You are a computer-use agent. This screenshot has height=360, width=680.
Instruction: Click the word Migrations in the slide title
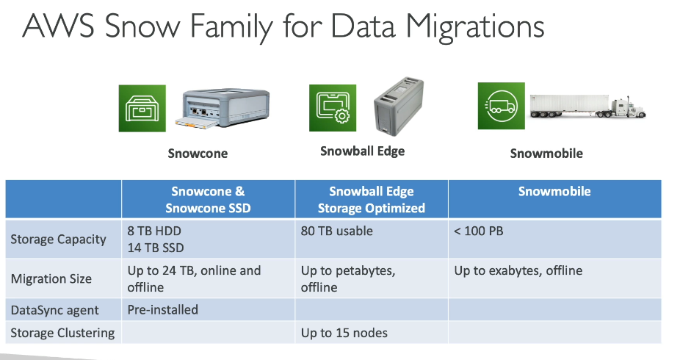click(x=475, y=27)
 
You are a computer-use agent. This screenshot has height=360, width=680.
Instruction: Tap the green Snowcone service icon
click(x=142, y=108)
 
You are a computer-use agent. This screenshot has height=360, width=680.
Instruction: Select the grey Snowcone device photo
click(x=223, y=108)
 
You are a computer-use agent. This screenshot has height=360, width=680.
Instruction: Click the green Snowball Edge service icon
click(x=333, y=107)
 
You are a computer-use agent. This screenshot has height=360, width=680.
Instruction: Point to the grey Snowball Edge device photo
click(x=399, y=107)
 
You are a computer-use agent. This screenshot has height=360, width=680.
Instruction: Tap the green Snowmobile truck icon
click(x=502, y=106)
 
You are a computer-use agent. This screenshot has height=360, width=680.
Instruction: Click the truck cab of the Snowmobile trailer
click(x=629, y=109)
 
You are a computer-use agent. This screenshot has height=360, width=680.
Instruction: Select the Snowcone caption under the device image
click(x=198, y=154)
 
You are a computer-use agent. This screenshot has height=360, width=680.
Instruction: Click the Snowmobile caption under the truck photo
click(x=546, y=154)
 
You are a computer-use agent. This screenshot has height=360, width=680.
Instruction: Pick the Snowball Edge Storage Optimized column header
click(x=372, y=200)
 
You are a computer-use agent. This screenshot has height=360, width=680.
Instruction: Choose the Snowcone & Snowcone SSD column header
click(x=208, y=200)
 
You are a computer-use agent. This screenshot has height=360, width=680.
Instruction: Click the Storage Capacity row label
click(x=58, y=240)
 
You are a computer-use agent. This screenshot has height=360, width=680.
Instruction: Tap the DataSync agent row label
click(x=54, y=310)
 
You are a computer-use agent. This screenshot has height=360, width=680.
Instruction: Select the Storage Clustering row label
click(x=62, y=333)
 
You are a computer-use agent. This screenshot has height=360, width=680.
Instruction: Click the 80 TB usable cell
click(x=336, y=231)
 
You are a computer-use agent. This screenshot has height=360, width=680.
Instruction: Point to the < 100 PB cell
click(x=478, y=231)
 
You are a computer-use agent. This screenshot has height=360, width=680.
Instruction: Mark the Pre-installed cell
click(x=162, y=310)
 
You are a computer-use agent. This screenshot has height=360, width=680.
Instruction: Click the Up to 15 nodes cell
click(x=344, y=333)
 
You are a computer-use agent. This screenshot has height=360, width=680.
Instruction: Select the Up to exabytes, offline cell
click(x=518, y=270)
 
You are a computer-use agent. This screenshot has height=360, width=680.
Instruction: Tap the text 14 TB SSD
click(x=156, y=248)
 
